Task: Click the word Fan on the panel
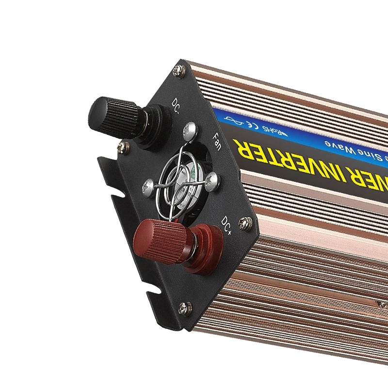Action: point(216,141)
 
